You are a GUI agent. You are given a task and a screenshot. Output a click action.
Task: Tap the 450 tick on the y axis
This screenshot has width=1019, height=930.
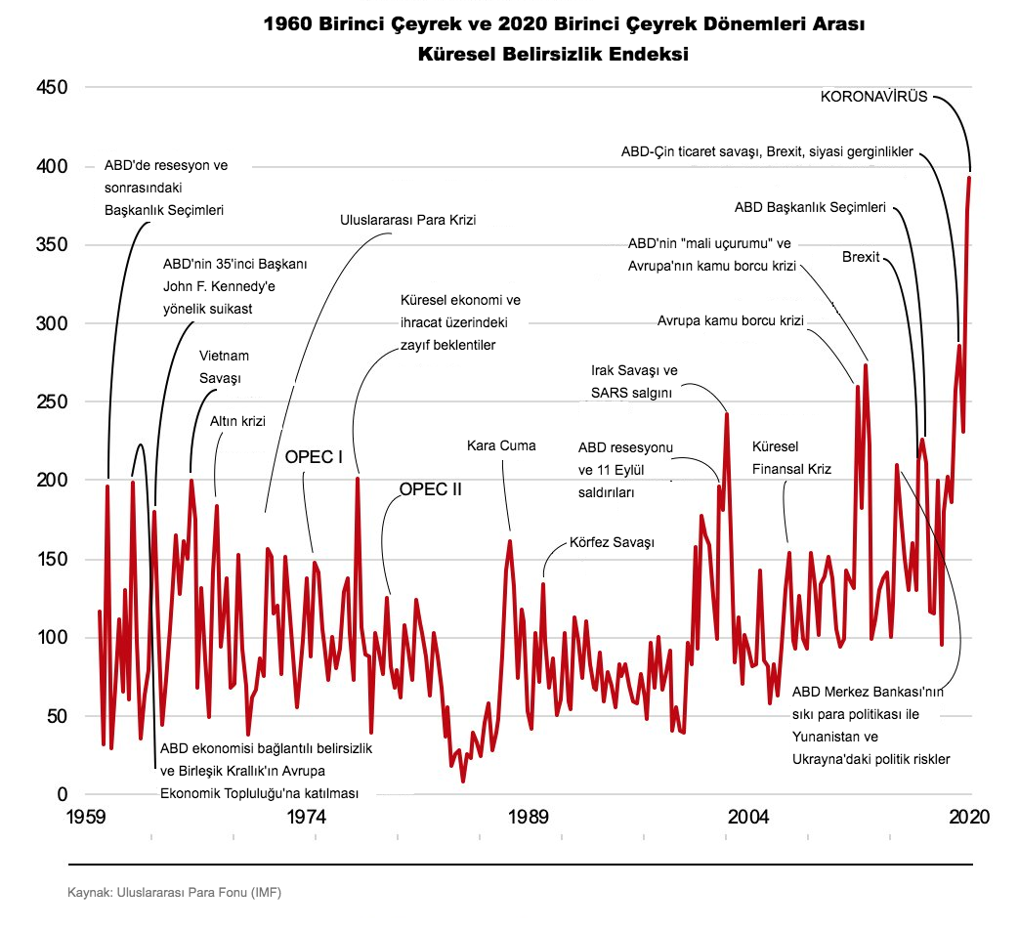[x=49, y=88]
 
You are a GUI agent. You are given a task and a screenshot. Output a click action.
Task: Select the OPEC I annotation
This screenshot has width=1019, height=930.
[x=313, y=457]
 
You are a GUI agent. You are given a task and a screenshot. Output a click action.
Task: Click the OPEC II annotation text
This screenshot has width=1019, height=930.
[x=430, y=490]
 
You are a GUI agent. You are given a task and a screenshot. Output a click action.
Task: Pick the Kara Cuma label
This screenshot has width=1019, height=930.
[x=502, y=446]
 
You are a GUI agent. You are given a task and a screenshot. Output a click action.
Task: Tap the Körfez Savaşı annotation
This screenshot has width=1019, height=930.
[x=612, y=542]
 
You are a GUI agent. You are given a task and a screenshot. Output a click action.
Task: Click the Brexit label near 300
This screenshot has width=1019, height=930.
[x=861, y=257]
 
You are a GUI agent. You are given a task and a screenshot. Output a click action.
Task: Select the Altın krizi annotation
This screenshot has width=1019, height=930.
[x=238, y=421]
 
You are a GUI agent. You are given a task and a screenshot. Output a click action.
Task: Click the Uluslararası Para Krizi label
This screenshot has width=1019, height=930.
[x=408, y=221]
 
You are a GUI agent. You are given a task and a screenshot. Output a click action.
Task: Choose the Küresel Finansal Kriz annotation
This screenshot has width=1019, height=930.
[x=791, y=457]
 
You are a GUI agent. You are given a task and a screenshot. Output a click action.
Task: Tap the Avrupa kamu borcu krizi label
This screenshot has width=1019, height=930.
[x=730, y=320]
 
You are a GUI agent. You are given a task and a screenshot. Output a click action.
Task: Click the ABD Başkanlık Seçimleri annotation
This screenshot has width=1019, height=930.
[x=810, y=207]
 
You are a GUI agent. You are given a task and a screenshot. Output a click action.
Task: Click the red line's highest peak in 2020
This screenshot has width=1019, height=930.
[x=970, y=178]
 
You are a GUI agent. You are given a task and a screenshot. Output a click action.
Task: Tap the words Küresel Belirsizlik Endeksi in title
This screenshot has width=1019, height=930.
[x=553, y=55]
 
